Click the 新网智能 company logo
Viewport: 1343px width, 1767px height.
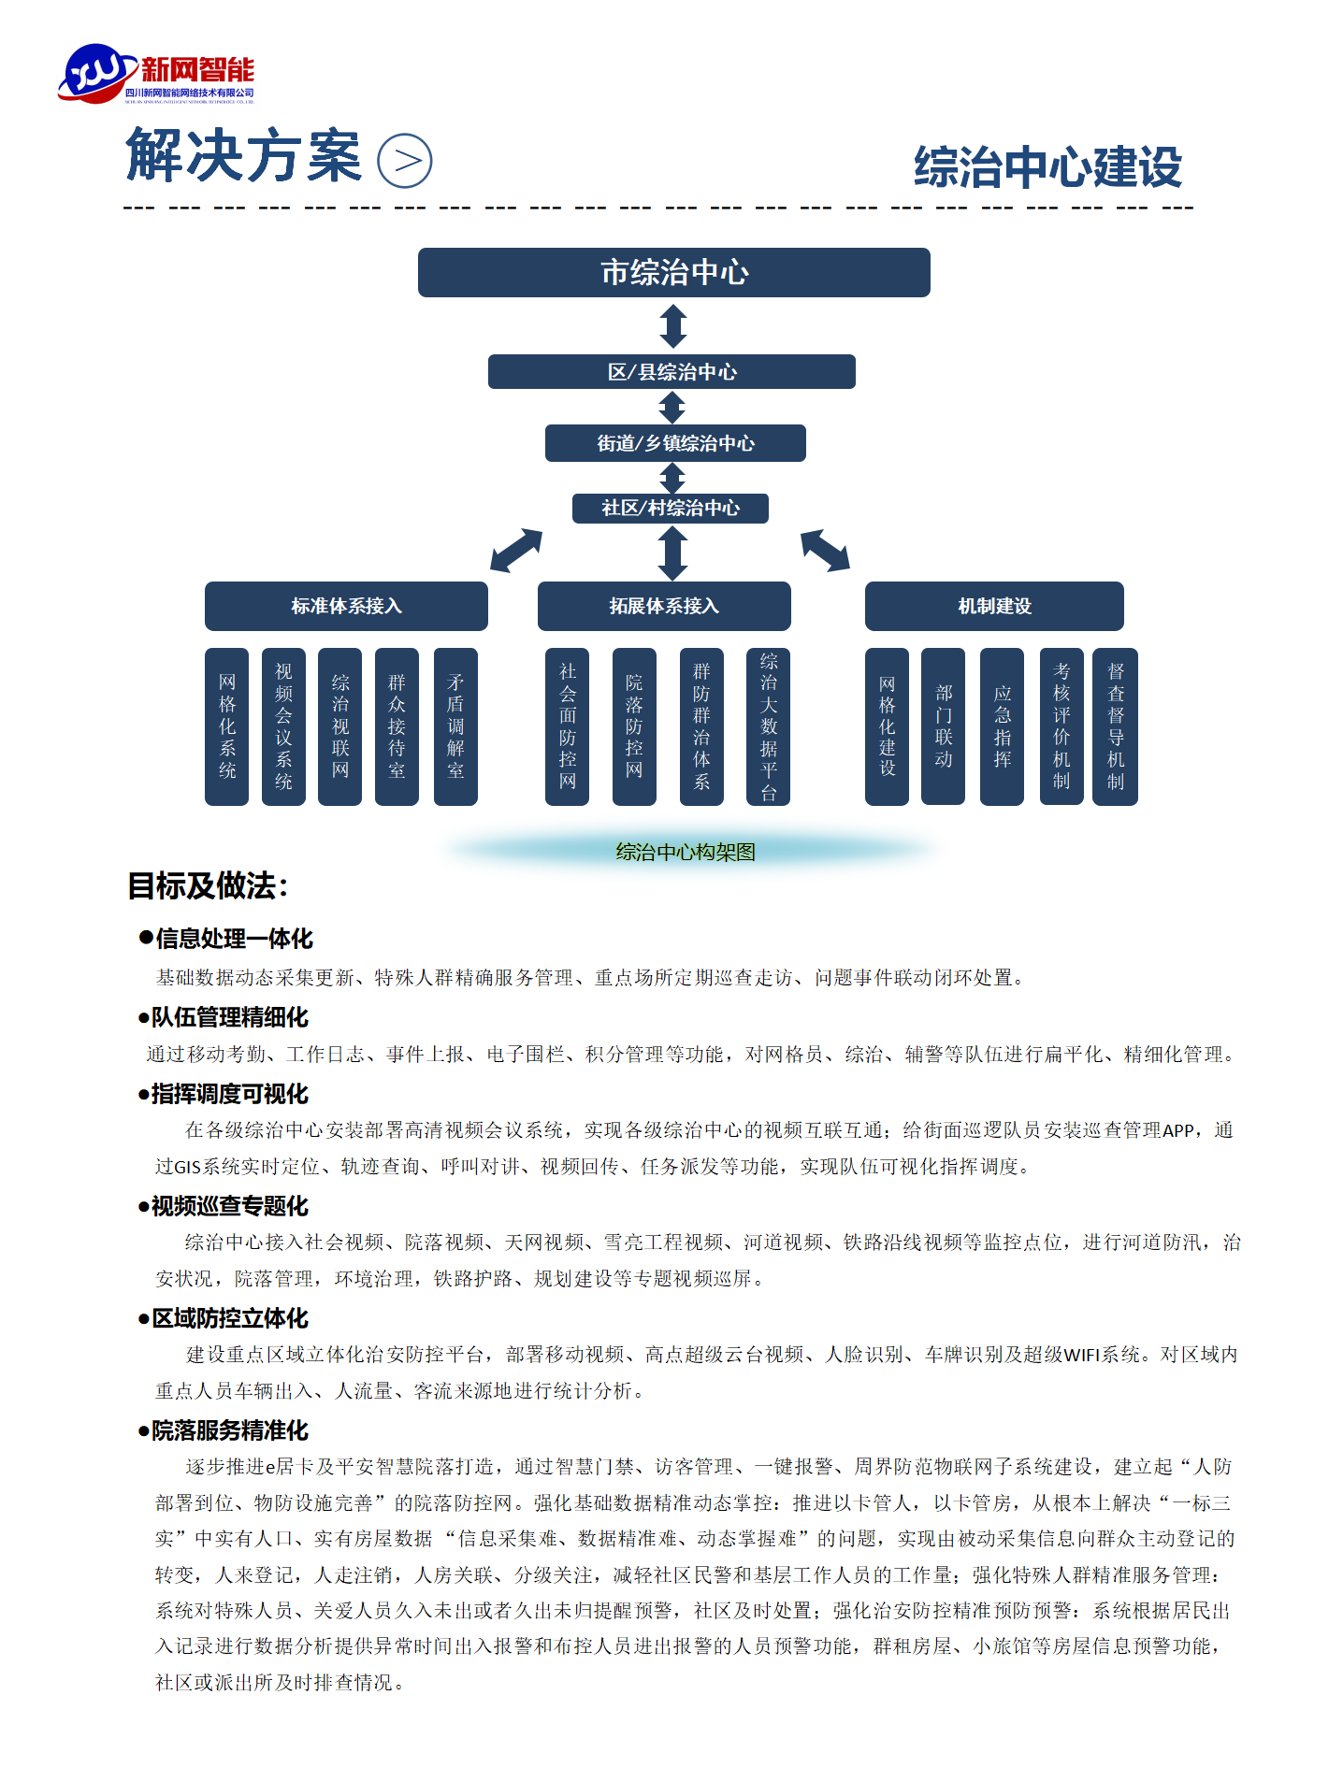click(x=157, y=74)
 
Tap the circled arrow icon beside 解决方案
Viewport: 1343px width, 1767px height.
click(x=404, y=161)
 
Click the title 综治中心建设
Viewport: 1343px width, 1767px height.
click(x=1047, y=167)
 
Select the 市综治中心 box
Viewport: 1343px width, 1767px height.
click(x=673, y=272)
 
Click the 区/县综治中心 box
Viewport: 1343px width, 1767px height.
click(x=671, y=371)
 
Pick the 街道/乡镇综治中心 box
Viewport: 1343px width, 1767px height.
click(x=675, y=443)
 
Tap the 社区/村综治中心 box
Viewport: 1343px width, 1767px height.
click(x=671, y=508)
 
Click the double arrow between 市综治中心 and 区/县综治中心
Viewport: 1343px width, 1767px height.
click(x=673, y=326)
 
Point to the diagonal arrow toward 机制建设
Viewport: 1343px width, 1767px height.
click(x=825, y=550)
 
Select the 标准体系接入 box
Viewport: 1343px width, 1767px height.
click(x=346, y=606)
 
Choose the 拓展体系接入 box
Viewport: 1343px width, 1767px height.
click(x=664, y=606)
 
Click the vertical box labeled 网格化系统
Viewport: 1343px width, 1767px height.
click(x=227, y=726)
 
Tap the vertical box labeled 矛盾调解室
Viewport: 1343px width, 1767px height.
click(x=455, y=726)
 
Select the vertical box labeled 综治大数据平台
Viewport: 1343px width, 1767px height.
click(x=769, y=726)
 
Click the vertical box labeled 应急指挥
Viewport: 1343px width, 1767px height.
click(x=1002, y=726)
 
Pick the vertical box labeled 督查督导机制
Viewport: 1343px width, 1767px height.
click(x=1116, y=726)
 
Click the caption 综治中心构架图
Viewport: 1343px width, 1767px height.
click(x=686, y=852)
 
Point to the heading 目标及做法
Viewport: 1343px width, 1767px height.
click(x=208, y=885)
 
